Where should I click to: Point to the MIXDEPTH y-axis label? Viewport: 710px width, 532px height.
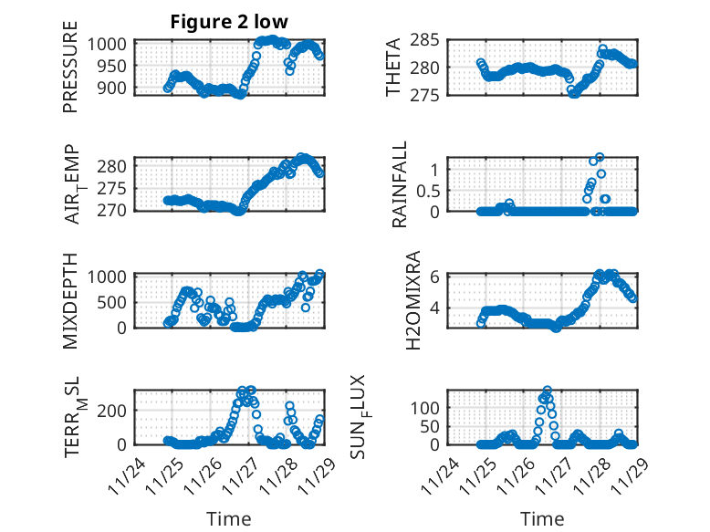pos(70,300)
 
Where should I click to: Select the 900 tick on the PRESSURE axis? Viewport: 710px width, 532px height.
pos(113,88)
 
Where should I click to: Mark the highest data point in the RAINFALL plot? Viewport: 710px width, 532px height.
pos(600,157)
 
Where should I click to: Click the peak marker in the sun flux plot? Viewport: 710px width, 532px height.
pos(547,391)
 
